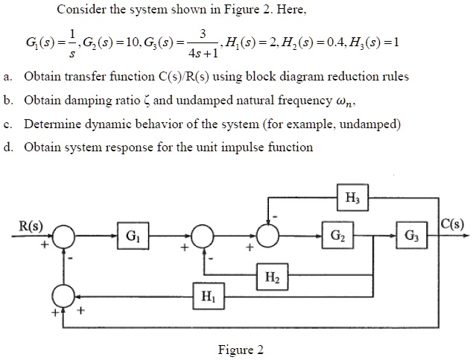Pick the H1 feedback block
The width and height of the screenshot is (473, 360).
[207, 297]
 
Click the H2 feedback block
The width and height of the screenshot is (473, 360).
[271, 278]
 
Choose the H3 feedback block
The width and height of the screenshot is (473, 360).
[351, 198]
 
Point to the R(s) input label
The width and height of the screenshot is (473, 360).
[31, 224]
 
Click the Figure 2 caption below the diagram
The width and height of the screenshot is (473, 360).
[239, 350]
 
